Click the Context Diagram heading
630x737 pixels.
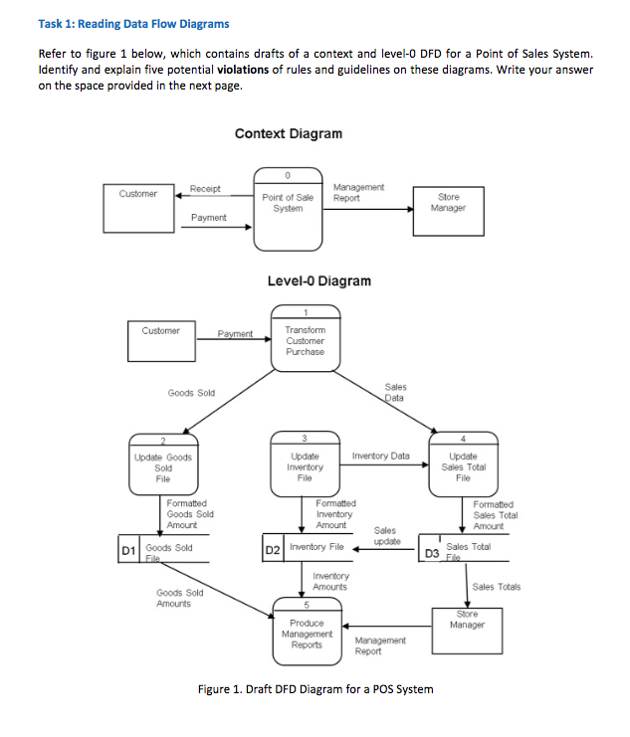pos(288,134)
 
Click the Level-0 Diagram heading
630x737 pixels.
pos(318,281)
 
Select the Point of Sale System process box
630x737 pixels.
pos(288,210)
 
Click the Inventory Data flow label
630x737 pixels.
pos(380,457)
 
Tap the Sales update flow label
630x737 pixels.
pos(387,536)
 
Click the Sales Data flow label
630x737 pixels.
pos(394,392)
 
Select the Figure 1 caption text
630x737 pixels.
pos(314,690)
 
